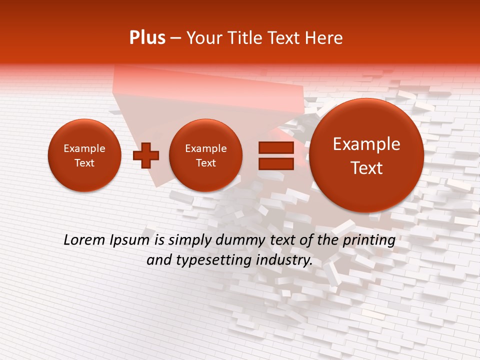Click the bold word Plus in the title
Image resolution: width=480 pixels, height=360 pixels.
tap(147, 38)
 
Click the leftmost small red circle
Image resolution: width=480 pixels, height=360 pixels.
tap(84, 155)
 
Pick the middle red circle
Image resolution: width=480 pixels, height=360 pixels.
tap(205, 155)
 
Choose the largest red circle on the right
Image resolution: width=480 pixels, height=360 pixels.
tap(366, 155)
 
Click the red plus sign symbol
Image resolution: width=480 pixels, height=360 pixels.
tap(146, 155)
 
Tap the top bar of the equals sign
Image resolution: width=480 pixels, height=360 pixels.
tap(275, 147)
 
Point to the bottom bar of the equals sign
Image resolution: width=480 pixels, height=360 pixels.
tap(275, 163)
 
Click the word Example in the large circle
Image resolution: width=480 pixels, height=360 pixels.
tap(366, 144)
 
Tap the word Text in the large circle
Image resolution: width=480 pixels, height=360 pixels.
tap(366, 168)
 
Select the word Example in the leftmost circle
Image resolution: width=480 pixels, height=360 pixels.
tap(84, 148)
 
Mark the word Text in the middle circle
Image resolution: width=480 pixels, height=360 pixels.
tap(205, 163)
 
